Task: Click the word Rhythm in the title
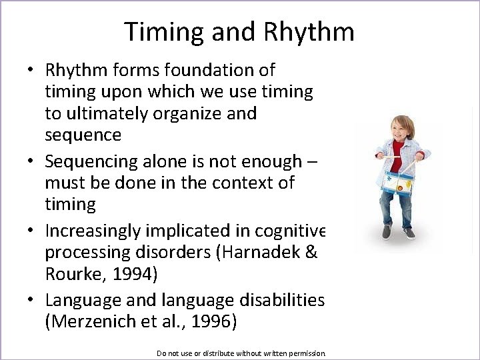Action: [309, 32]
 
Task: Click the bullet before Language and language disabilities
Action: [31, 301]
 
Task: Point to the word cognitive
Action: [287, 231]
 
